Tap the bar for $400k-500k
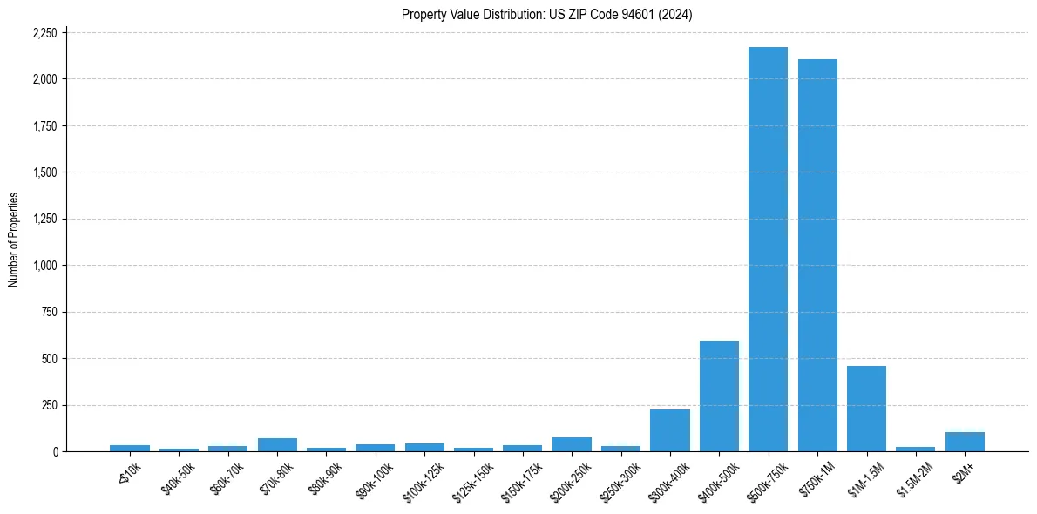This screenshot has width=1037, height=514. coord(719,396)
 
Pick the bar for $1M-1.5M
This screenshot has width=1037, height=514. coord(866,409)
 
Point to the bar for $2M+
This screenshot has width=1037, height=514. coord(965,442)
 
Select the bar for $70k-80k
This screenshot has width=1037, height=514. coord(277,444)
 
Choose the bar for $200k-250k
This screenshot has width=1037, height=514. coord(572,444)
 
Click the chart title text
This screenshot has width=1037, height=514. coord(546,15)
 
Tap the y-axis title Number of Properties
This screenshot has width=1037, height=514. coord(14,240)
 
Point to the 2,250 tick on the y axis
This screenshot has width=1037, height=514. coord(44,33)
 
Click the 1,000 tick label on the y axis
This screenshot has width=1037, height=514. coord(44,266)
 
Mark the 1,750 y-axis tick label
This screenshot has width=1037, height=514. coord(44,126)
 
